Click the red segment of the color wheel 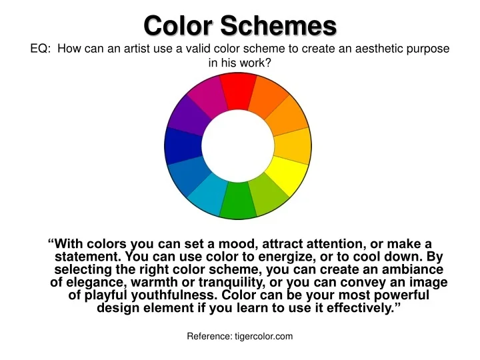[x=238, y=89]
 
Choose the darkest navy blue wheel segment [x=182, y=145]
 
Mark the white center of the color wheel [x=237, y=145]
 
